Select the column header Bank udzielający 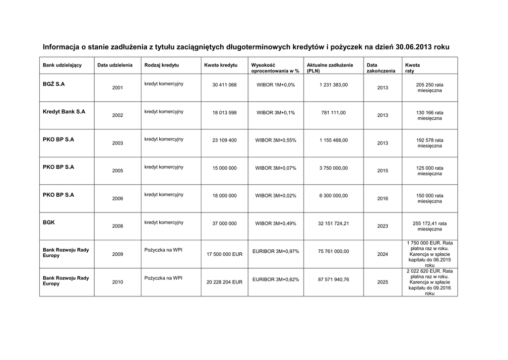[62, 65]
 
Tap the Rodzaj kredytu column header [162, 65]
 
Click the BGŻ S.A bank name [54, 84]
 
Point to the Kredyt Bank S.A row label [64, 112]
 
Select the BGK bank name [49, 223]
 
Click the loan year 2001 [118, 87]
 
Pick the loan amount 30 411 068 [224, 85]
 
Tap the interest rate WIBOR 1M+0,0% [276, 85]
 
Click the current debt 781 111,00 [333, 112]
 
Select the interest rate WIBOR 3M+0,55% [276, 140]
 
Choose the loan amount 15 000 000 [224, 168]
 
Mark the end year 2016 [382, 199]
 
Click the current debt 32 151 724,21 [333, 223]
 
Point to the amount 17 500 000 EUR [224, 254]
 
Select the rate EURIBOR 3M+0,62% [276, 280]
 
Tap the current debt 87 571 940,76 [333, 279]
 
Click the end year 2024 [382, 254]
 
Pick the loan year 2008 [118, 226]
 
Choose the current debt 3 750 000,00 [333, 168]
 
